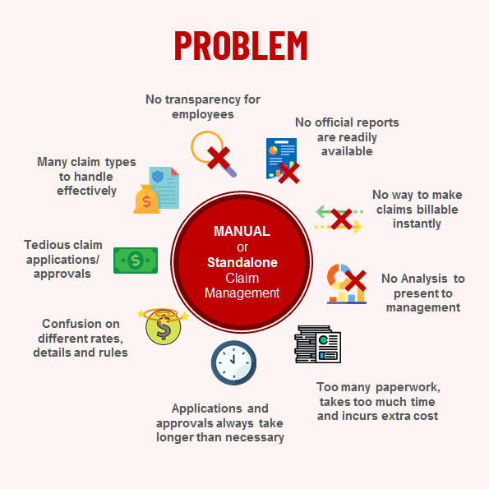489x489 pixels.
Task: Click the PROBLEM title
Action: [241, 45]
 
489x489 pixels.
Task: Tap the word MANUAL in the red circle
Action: [242, 231]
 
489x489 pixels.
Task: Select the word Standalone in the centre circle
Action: [242, 262]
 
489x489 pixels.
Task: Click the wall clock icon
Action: [233, 362]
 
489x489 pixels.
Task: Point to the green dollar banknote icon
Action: [136, 260]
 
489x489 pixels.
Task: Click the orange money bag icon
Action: [146, 200]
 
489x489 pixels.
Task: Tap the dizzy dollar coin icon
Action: [163, 326]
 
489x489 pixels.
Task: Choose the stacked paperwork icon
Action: [318, 344]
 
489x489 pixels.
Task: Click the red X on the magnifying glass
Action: [219, 158]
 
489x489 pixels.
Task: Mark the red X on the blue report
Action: [288, 173]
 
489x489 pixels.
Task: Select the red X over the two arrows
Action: [342, 219]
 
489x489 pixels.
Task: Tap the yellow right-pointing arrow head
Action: [358, 227]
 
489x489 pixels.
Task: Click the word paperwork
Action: [408, 387]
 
